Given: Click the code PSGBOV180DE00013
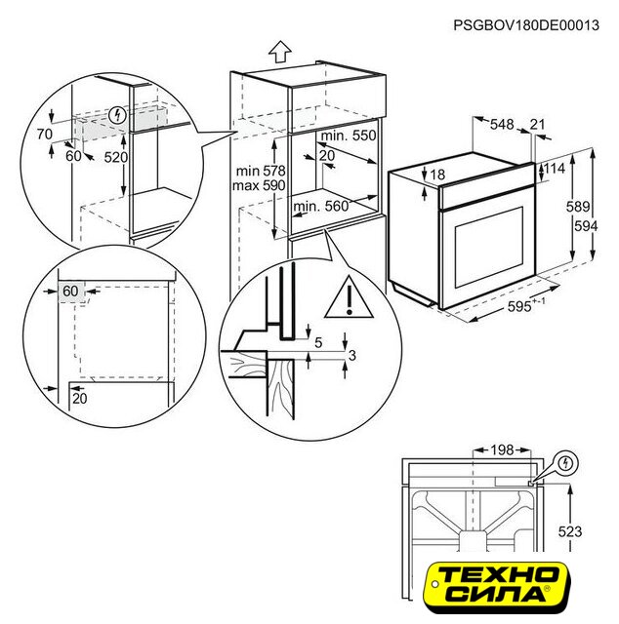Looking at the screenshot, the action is (526, 25).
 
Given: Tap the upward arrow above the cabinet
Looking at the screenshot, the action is (280, 52).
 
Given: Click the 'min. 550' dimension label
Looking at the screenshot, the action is (349, 136).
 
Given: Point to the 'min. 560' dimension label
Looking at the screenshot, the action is (321, 206).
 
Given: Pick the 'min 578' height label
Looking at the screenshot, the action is (261, 172).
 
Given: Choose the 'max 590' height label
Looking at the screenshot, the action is (259, 185).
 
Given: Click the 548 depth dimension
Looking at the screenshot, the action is (502, 125).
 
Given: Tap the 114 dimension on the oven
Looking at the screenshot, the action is (555, 169).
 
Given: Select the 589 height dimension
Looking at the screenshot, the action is (578, 207).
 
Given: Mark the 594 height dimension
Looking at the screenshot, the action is (586, 226).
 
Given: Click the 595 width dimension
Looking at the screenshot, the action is (526, 305).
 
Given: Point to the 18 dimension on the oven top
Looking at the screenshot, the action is (437, 175).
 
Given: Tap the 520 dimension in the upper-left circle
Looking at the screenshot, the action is (116, 158).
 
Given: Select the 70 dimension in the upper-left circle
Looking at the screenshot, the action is (45, 135).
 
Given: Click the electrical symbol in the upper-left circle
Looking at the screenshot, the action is (117, 115).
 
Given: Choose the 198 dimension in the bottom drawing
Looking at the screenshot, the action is (502, 450).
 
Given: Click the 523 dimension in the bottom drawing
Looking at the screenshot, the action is (570, 531).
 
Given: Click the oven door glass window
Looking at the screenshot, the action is (489, 247).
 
